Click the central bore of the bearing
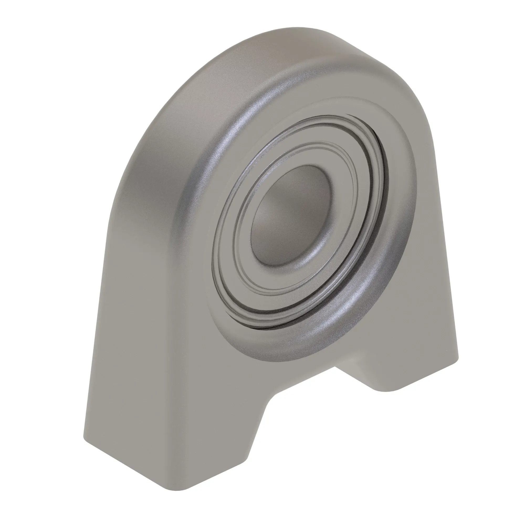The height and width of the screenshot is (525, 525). point(288,215)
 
